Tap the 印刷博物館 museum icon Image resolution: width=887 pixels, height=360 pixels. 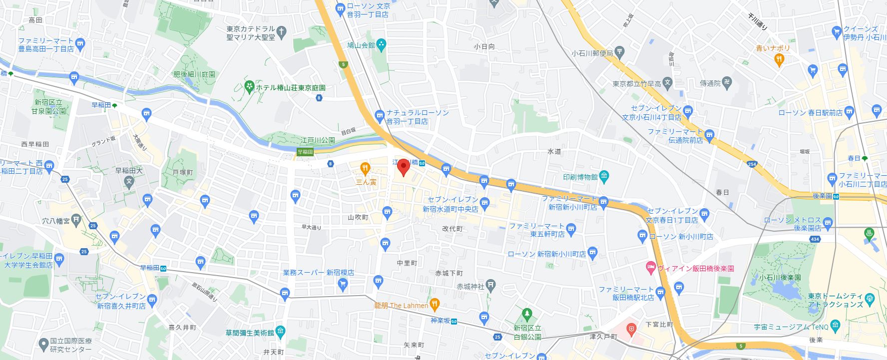point(604,176)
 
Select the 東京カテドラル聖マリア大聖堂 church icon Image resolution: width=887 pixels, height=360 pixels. point(282,33)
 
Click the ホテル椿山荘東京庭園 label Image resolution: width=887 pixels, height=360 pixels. point(290,87)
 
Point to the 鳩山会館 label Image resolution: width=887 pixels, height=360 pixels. point(361,45)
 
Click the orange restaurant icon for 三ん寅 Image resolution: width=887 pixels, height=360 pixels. point(366,168)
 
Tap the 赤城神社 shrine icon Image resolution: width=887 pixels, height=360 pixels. point(491,286)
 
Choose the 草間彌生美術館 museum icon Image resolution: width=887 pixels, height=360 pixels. point(280,332)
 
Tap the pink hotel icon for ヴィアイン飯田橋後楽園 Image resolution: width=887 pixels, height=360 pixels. point(651,268)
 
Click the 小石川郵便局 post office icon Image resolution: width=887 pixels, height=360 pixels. point(619,52)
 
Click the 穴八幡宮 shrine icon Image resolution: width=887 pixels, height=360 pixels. point(76,220)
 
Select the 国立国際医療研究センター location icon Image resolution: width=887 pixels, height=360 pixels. point(43,344)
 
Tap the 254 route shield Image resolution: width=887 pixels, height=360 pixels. point(752,164)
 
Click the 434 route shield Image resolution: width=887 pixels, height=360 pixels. point(815,239)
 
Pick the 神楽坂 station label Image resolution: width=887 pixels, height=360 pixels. point(441,321)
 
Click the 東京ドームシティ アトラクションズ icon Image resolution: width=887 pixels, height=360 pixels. point(870,299)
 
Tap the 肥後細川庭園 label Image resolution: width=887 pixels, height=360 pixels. point(194,74)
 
